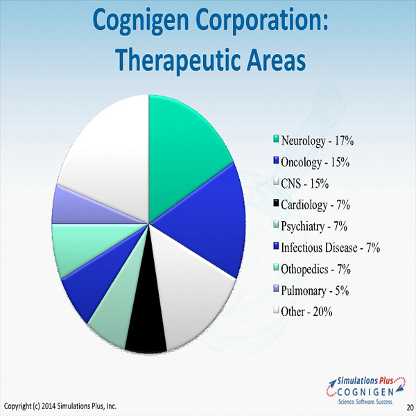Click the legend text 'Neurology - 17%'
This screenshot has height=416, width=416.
[x=318, y=141]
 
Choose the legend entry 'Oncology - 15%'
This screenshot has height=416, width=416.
[x=315, y=162]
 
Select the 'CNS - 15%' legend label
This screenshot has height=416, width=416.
[x=304, y=183]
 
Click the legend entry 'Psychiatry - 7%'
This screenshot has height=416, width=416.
[x=314, y=226]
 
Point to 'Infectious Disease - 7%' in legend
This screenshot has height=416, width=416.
[x=330, y=248]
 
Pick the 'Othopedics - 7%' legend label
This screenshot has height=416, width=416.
[x=315, y=269]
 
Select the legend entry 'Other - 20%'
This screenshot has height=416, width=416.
[x=306, y=312]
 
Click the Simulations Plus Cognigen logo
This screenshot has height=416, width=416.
[x=366, y=390]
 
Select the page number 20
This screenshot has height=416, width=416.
[x=410, y=407]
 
